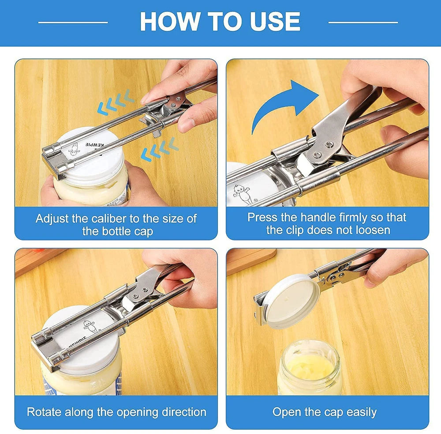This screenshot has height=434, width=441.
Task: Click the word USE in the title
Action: point(274,21)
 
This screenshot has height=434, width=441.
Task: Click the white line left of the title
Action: point(73,22)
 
